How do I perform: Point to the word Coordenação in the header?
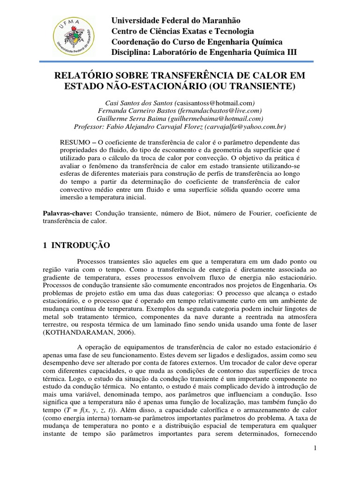(134, 41)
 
